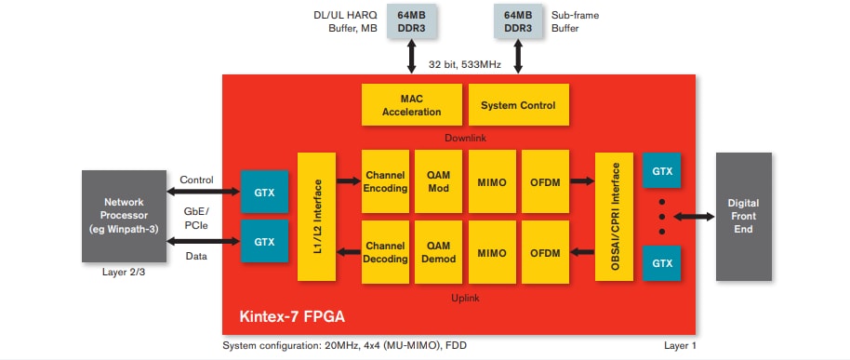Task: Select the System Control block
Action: coord(518,105)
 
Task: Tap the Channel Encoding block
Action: coord(385,181)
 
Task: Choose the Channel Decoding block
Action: coord(385,251)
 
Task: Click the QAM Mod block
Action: coord(438,181)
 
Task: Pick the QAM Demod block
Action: coord(438,251)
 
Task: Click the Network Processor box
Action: coord(122,216)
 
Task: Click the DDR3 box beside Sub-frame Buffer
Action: coord(519,21)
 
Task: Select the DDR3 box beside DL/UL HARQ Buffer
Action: coord(411,21)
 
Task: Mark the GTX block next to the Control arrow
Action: coord(265,191)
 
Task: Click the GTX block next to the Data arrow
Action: coord(265,242)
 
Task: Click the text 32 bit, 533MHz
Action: coord(465,64)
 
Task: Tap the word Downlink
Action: coord(465,138)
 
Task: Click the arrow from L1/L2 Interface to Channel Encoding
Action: coord(350,181)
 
